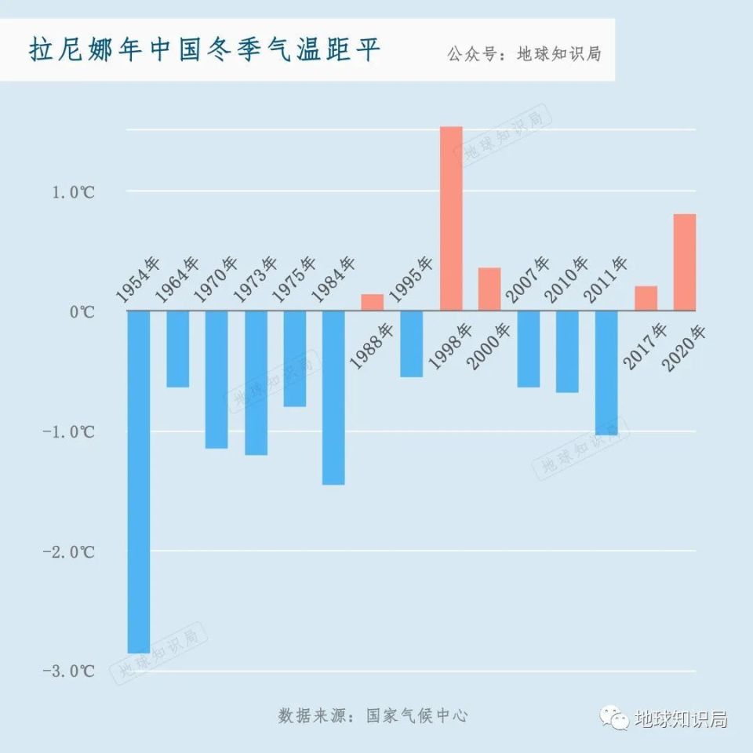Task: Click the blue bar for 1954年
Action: (139, 481)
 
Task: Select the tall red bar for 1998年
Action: (451, 218)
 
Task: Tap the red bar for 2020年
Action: (685, 262)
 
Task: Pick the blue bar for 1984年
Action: (333, 397)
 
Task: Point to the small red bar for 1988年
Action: (373, 302)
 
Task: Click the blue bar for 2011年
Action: (606, 373)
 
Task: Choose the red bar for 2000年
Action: (489, 289)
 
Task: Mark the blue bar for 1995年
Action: (412, 344)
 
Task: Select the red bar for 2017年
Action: (646, 298)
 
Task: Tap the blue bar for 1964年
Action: (178, 348)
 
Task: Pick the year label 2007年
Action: (528, 279)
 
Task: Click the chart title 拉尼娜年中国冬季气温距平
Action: (205, 50)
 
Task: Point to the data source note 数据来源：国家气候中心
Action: (373, 715)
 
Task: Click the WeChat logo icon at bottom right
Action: (616, 718)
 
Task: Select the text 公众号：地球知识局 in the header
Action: (524, 55)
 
